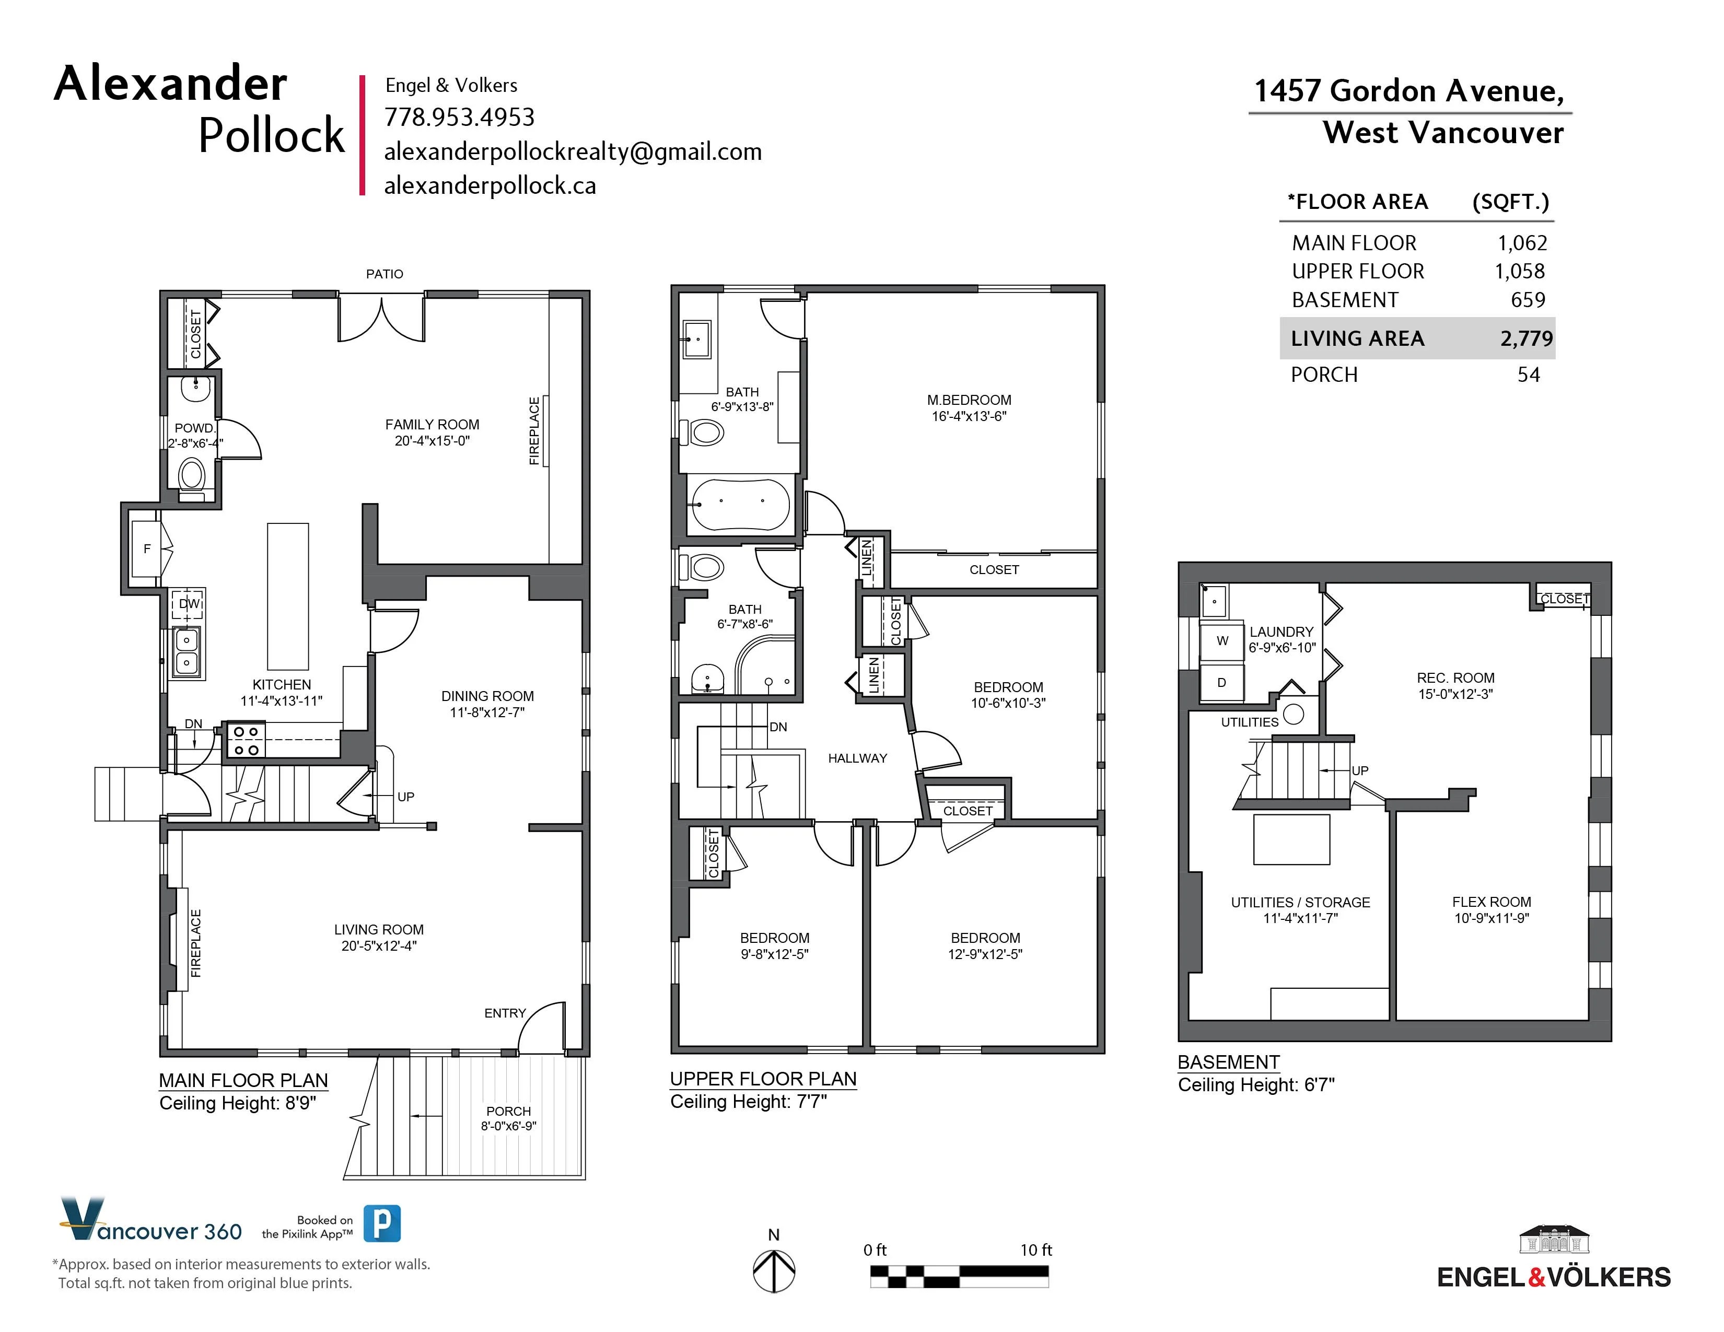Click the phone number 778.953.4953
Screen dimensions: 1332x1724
pyautogui.click(x=459, y=118)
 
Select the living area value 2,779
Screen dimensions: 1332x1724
pyautogui.click(x=1526, y=338)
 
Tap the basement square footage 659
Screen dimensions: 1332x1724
pyautogui.click(x=1528, y=300)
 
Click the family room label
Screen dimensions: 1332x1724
pyautogui.click(x=432, y=425)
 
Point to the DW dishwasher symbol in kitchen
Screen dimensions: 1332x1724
pyautogui.click(x=189, y=604)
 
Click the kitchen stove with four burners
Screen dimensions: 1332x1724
pyautogui.click(x=246, y=741)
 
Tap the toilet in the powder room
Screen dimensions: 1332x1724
pyautogui.click(x=192, y=476)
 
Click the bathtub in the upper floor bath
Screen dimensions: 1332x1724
pyautogui.click(x=740, y=504)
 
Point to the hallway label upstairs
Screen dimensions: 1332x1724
pyautogui.click(x=857, y=758)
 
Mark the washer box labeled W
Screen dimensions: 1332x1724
pyautogui.click(x=1222, y=641)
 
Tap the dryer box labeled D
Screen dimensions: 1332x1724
pyautogui.click(x=1221, y=683)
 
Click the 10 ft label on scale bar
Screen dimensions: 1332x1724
pyautogui.click(x=1035, y=1250)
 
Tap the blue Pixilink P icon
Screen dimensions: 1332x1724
pyautogui.click(x=382, y=1224)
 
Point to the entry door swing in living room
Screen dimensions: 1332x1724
pyautogui.click(x=545, y=1026)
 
